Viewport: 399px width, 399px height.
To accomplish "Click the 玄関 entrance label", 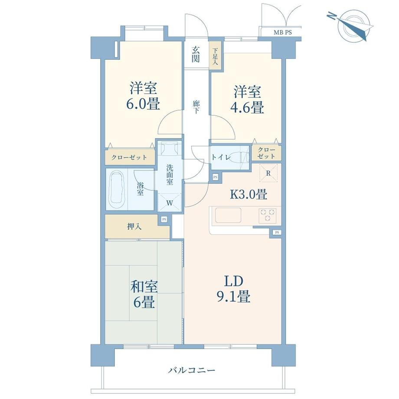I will pos(196,55).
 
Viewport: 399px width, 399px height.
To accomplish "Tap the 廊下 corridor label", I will pos(196,108).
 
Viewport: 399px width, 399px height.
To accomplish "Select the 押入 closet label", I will pos(134,226).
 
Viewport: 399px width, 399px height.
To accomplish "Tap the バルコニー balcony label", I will pos(191,371).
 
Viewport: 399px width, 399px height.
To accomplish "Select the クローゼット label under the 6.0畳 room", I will pos(129,157).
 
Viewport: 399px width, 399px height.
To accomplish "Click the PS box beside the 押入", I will pos(164,219).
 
